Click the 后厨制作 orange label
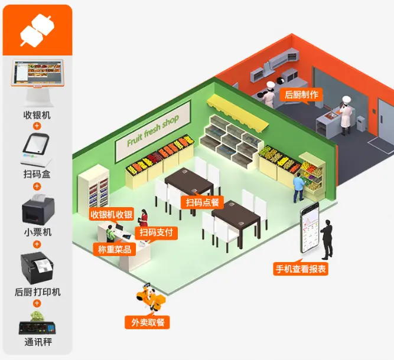[x=301, y=94]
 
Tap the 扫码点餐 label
[x=202, y=203]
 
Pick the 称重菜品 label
[x=114, y=249]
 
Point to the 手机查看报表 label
[x=300, y=269]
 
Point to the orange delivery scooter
[x=151, y=299]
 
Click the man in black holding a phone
[x=327, y=239]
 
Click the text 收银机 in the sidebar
[x=37, y=114]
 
